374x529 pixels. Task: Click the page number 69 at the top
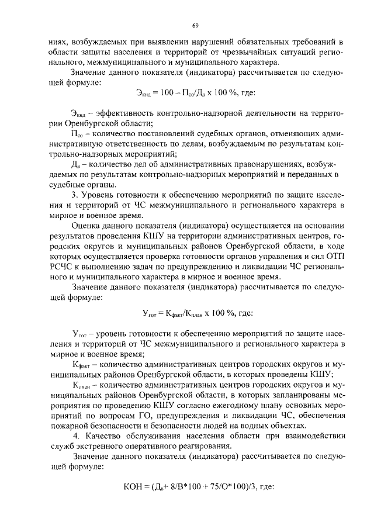coord(195,26)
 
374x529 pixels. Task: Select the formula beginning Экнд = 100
coord(195,92)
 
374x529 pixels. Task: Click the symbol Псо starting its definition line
coord(77,134)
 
